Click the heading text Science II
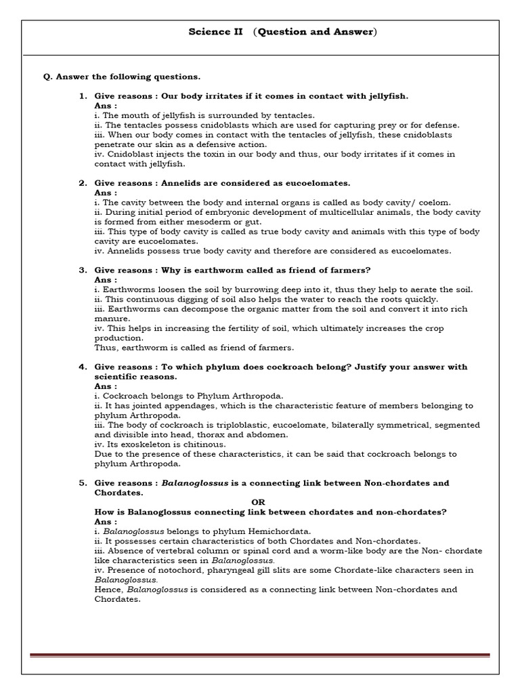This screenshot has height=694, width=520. tap(210, 32)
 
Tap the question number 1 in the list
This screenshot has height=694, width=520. tap(83, 96)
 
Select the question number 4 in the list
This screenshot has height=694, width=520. tap(83, 367)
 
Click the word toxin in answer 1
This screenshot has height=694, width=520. tap(203, 155)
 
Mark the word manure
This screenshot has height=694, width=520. tap(111, 319)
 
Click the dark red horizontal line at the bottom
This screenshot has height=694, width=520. tap(259, 655)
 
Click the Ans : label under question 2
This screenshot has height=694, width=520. tap(105, 192)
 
